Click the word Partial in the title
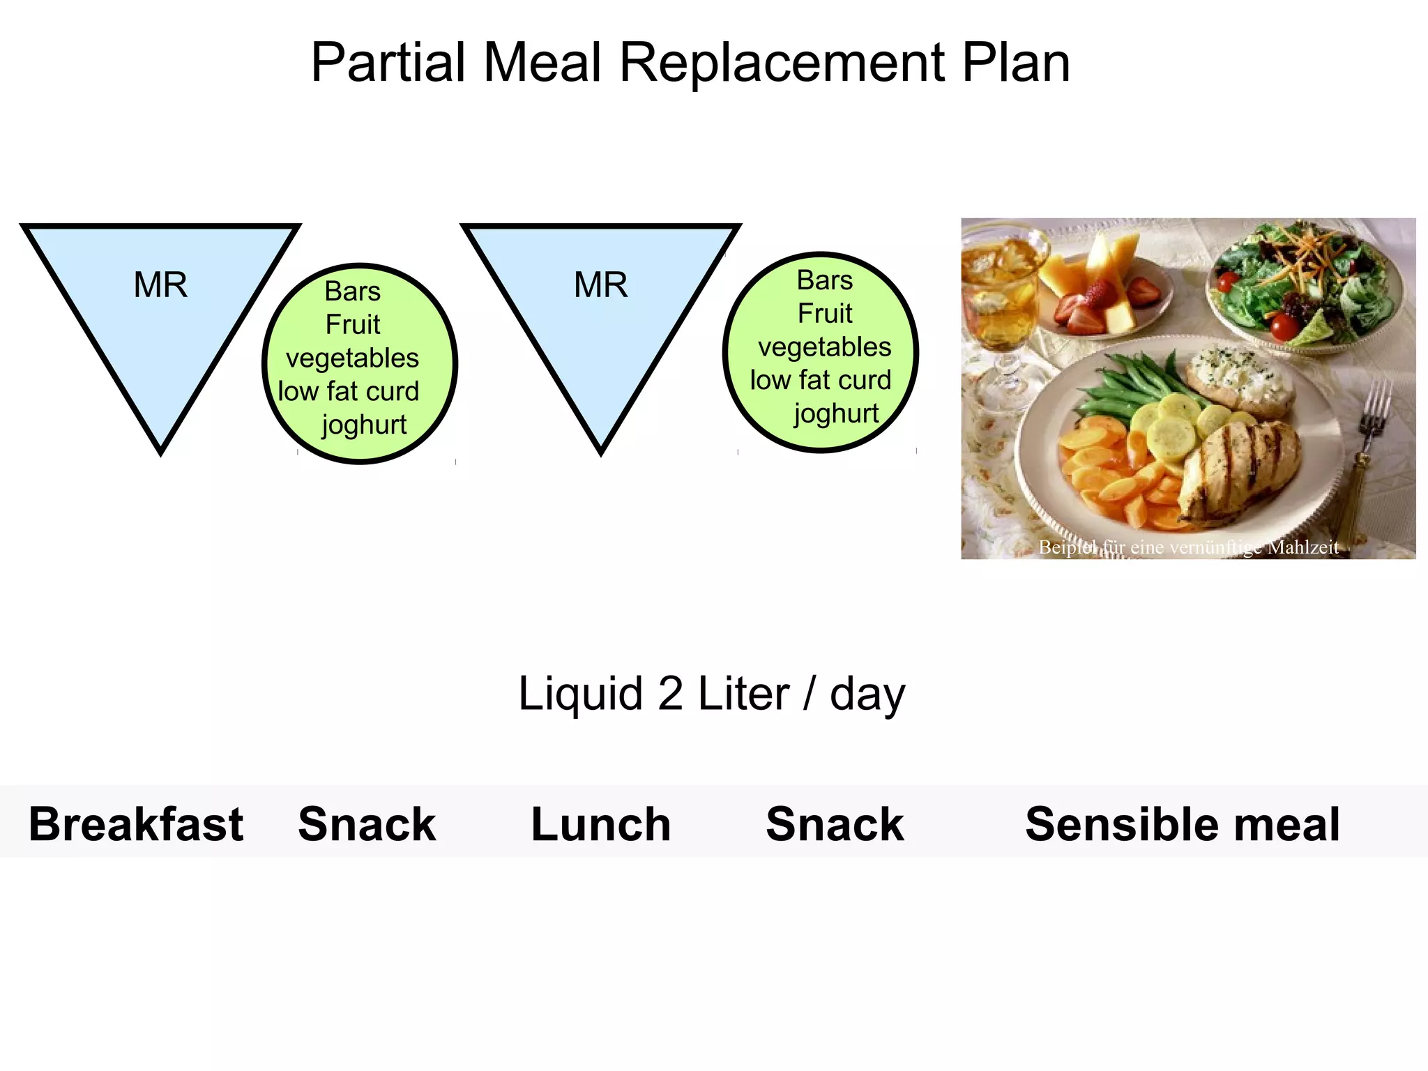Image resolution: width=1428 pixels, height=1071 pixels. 388,63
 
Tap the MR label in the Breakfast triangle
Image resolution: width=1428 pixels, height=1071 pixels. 160,285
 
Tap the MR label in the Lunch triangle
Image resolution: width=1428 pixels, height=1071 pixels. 600,285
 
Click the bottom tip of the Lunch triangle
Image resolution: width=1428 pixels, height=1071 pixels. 601,449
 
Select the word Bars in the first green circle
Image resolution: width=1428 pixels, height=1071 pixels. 353,291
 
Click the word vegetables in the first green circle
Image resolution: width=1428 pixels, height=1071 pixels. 353,358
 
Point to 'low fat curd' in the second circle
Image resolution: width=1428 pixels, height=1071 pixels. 821,380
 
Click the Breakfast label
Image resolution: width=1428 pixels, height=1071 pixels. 136,824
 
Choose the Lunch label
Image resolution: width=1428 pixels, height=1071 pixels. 600,824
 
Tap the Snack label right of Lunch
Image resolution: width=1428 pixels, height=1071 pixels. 835,824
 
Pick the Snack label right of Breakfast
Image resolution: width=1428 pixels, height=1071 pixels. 367,824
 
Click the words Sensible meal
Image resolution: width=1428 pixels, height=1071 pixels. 1182,824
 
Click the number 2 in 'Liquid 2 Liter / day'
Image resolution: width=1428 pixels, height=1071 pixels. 669,694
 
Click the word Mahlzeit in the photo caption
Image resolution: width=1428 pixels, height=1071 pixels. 1302,547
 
